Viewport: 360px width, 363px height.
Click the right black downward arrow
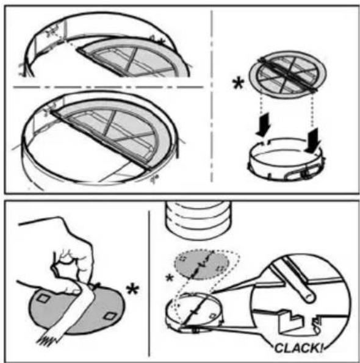312,140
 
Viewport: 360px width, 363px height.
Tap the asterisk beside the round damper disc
238,84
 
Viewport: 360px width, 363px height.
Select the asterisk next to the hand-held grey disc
132,290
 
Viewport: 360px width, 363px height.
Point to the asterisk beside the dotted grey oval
170,278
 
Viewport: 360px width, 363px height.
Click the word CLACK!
298,348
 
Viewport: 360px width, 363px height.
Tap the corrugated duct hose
198,220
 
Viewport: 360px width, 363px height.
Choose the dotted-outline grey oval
202,264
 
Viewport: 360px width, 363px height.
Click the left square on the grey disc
43,298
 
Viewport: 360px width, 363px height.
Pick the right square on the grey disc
109,316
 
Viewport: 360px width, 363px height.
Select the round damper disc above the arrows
287,74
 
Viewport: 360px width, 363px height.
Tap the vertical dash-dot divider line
212,96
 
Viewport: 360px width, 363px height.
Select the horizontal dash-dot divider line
108,87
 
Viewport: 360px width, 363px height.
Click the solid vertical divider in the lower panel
149,283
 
